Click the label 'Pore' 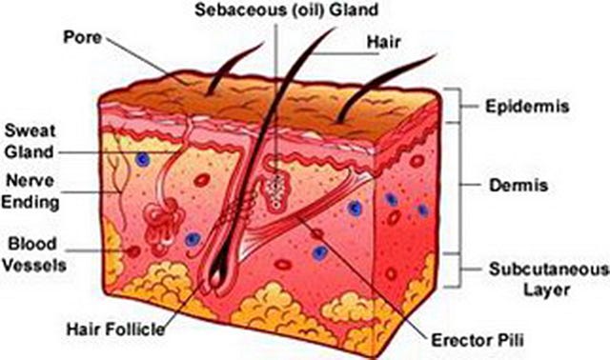click(x=82, y=37)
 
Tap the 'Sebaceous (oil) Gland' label click(x=286, y=10)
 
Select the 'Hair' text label click(x=383, y=42)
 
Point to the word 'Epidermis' click(x=527, y=107)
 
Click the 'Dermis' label click(x=518, y=185)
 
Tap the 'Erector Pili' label click(x=478, y=340)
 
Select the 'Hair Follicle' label click(x=116, y=330)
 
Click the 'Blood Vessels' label click(x=34, y=254)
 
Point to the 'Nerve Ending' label click(x=30, y=191)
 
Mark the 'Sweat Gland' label click(x=30, y=141)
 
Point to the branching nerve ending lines click(x=118, y=179)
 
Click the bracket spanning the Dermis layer click(x=458, y=187)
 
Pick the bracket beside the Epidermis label click(x=459, y=105)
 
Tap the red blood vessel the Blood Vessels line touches click(x=133, y=251)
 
